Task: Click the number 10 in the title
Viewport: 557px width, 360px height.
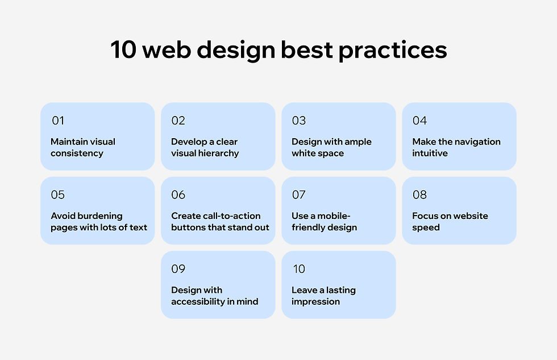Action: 123,49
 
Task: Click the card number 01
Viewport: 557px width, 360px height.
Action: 58,121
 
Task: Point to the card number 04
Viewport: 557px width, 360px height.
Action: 419,121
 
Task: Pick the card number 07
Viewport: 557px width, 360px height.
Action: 299,195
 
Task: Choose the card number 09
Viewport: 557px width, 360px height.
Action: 178,268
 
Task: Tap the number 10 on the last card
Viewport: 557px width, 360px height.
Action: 299,268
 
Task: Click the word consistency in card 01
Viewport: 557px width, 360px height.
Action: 77,153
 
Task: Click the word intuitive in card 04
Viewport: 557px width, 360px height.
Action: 430,153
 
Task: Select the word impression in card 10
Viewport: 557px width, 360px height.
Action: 316,302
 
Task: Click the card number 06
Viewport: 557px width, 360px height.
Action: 178,195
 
